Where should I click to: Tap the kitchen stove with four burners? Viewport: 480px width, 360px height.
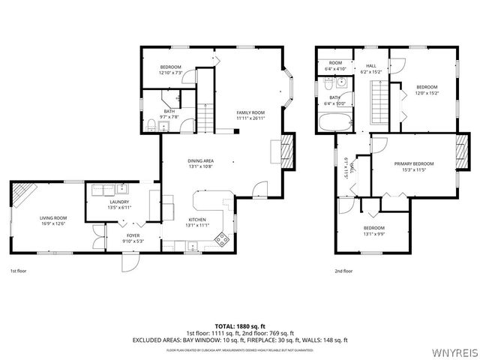coord(222,239)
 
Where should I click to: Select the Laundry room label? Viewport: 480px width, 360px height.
coord(119,202)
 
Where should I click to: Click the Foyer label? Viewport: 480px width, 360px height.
coord(133,235)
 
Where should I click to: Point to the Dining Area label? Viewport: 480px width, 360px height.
coord(201,160)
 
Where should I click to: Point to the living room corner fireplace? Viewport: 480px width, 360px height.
coord(22,194)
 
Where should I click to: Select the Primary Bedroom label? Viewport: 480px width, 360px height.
coord(414,163)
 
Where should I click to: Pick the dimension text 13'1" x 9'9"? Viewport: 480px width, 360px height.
coord(374,233)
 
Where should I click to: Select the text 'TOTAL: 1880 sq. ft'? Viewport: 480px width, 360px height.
coord(240,326)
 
